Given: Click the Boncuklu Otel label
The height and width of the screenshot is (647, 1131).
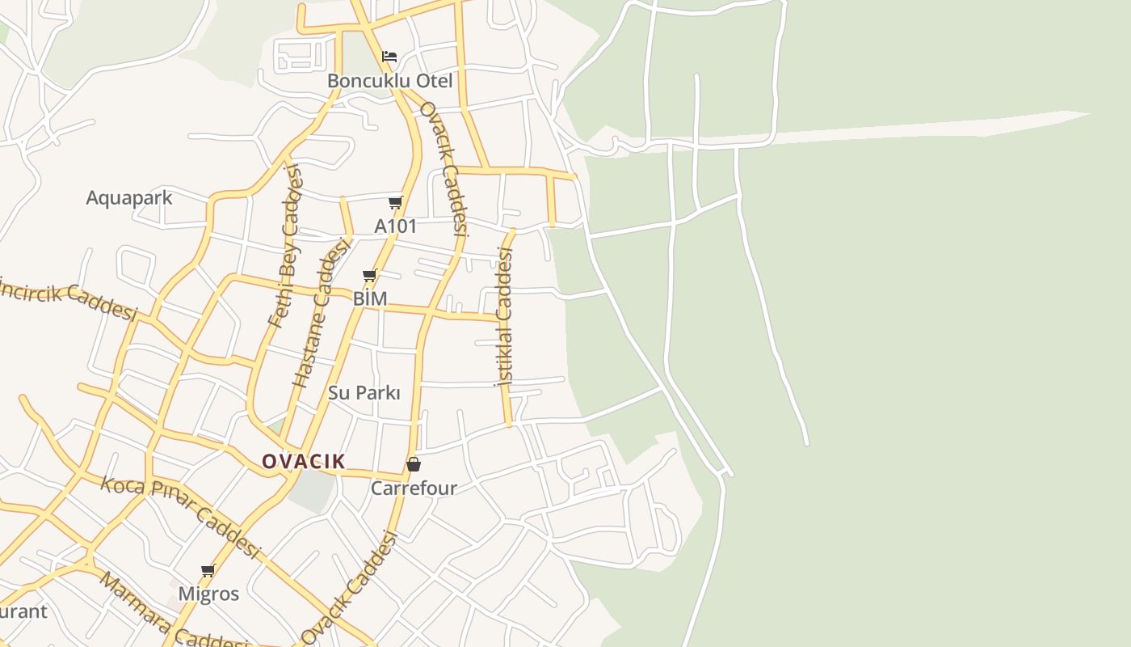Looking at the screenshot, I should point(389,81).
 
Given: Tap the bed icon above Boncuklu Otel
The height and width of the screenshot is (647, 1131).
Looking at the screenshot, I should point(389,57).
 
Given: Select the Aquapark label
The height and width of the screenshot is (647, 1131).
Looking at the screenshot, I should point(129,198).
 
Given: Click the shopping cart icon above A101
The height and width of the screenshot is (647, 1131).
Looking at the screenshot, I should point(395,202).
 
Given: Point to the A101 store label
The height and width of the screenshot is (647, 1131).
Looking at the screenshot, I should point(395,226).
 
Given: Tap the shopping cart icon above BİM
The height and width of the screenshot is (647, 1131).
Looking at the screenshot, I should point(370,276).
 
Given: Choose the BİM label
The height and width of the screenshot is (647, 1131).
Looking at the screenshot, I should point(370,298).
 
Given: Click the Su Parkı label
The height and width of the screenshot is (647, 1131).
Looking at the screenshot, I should point(364,393).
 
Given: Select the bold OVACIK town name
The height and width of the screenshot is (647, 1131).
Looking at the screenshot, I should point(304,462).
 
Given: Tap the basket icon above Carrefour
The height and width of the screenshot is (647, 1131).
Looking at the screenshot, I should point(413,464).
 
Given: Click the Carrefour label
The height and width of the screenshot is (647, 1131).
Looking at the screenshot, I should point(414,488).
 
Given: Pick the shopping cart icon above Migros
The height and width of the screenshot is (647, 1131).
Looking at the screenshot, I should point(208,571).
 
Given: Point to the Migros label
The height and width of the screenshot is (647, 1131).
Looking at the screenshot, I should point(208,594).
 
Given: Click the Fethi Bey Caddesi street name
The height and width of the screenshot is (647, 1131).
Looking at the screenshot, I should point(284,244).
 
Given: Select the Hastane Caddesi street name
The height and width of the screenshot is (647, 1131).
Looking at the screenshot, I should point(322,312).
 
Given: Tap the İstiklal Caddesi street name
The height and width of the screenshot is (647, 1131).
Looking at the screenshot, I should point(504,317).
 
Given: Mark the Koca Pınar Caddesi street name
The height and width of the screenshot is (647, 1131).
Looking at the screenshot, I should point(181,517).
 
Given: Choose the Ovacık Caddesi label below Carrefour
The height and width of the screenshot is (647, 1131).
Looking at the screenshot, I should point(350,588).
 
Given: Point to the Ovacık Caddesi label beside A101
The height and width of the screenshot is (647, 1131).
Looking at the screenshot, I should point(444,167).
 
